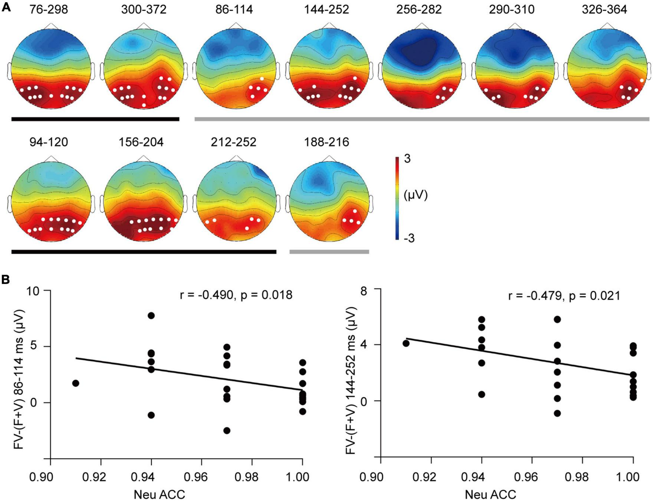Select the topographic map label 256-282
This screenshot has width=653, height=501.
pos(419,9)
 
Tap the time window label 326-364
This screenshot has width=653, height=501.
pos(604,9)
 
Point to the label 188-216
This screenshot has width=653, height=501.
pos(327,142)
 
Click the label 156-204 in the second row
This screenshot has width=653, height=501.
pos(141,142)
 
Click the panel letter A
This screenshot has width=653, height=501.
pos(6,6)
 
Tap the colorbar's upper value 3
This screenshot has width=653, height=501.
pos(407,159)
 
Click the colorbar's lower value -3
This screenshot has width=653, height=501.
pos(409,238)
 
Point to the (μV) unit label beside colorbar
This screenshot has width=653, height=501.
pos(416,195)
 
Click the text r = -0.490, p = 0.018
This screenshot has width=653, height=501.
pos(236,295)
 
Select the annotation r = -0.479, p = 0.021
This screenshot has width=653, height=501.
pos(564,296)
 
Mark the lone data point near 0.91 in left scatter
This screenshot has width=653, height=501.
pos(76,383)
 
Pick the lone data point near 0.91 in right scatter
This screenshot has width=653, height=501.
pos(406,343)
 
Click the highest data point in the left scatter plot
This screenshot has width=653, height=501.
pos(151,316)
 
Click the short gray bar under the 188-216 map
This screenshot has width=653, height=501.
pos(329,252)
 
